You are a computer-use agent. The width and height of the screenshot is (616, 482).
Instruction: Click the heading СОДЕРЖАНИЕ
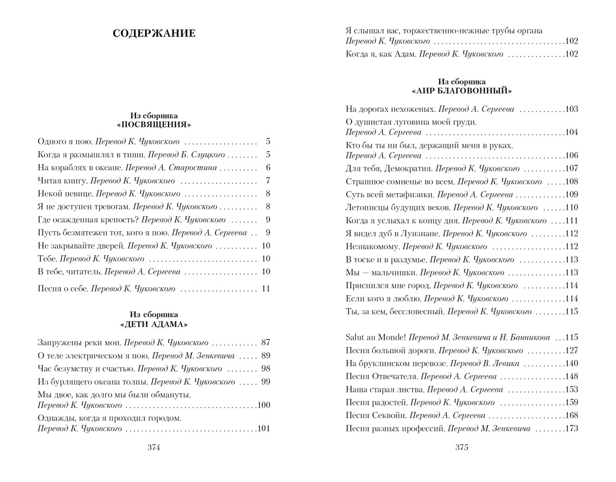tap(154, 34)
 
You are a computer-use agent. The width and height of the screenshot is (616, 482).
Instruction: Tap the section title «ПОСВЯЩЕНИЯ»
tap(154, 124)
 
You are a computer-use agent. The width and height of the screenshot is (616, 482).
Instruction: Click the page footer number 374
tap(154, 447)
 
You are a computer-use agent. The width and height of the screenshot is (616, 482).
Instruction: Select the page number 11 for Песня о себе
tap(265, 289)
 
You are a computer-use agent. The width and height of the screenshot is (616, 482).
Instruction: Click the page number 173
tap(571, 429)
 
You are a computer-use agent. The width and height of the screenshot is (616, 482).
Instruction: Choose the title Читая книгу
tap(60, 181)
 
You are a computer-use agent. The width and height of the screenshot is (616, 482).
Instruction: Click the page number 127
tap(571, 350)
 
